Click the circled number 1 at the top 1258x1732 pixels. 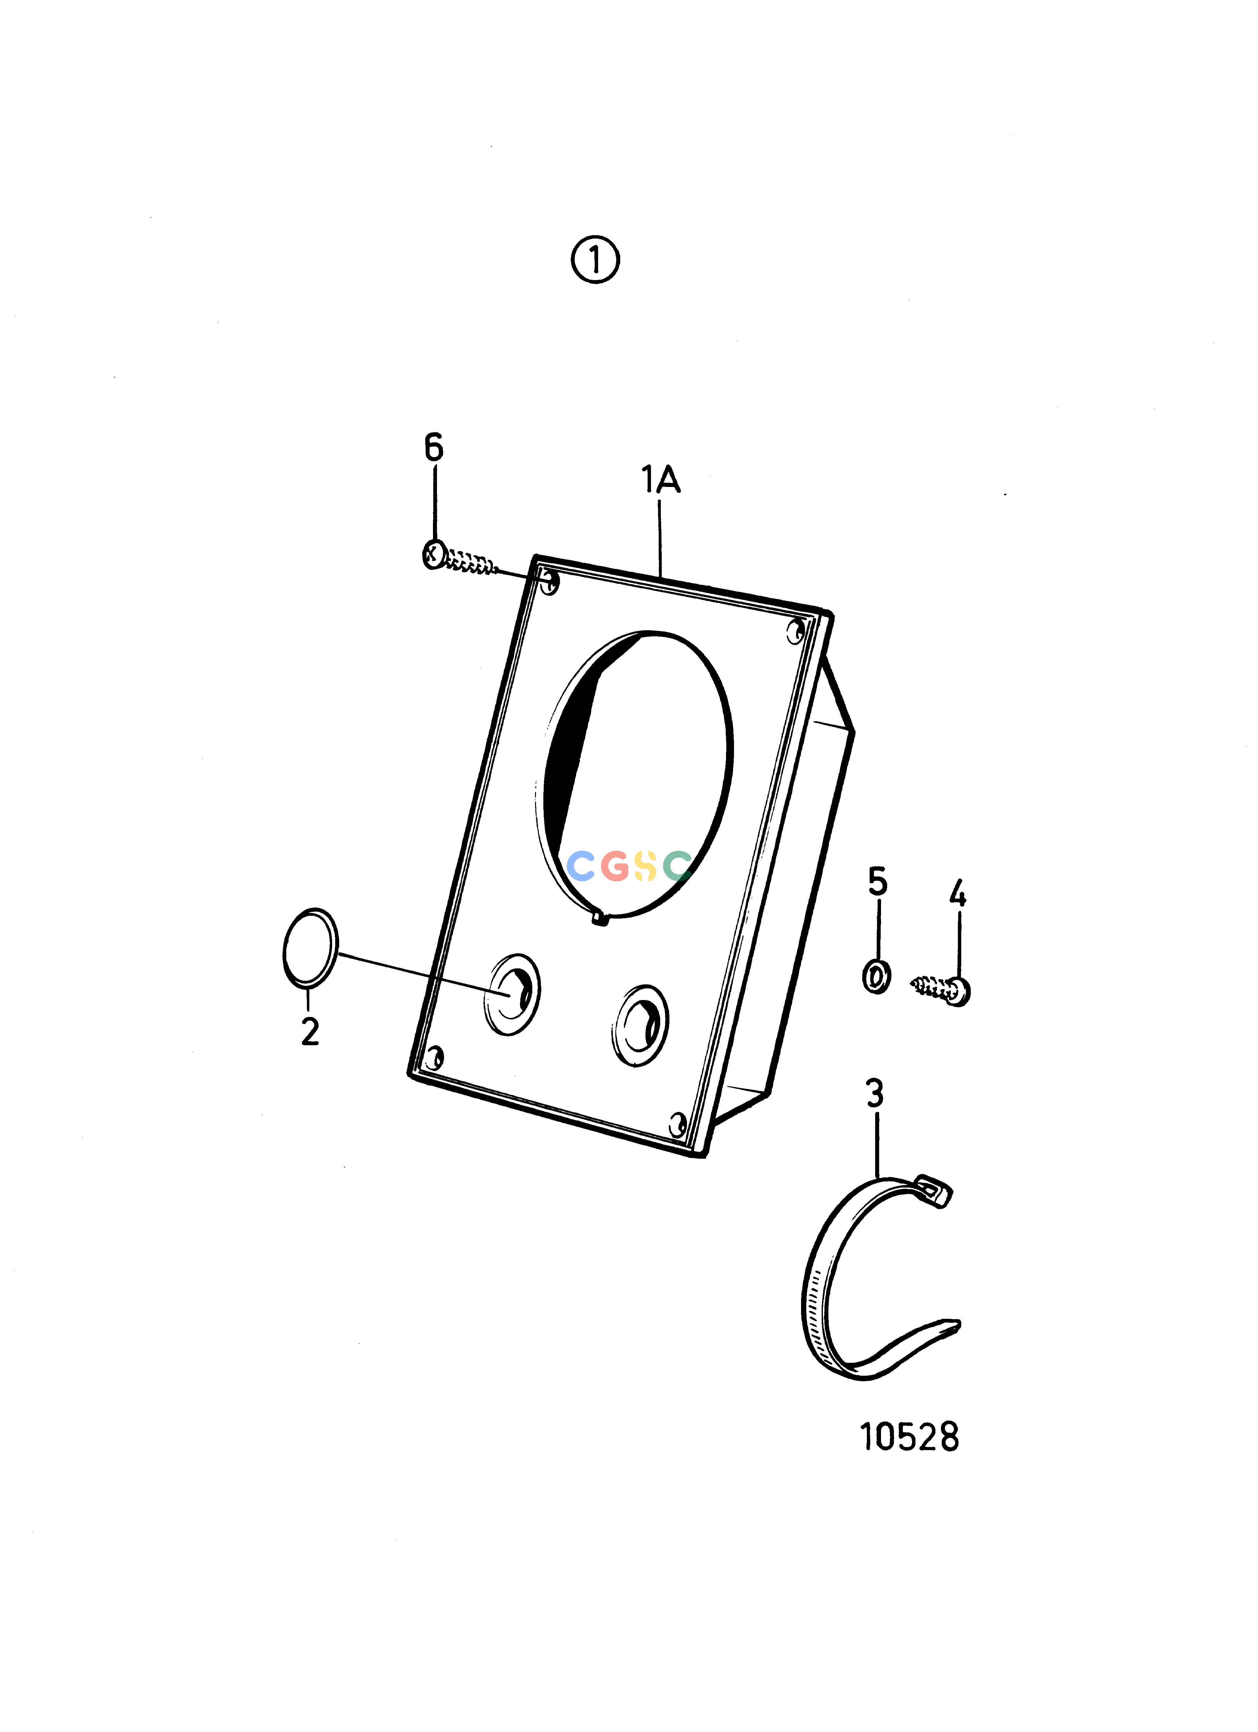click(x=595, y=260)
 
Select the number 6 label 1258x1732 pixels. click(x=434, y=447)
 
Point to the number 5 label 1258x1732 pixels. click(x=878, y=882)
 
